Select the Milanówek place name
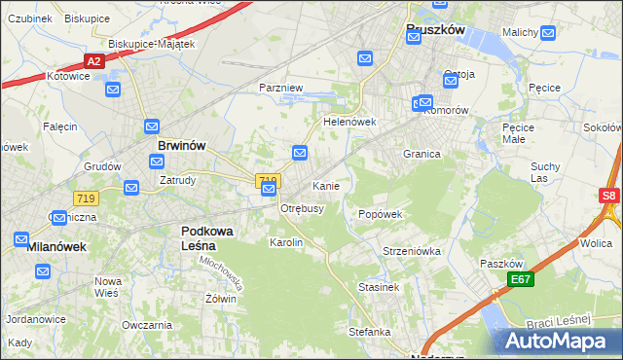pyautogui.click(x=55, y=247)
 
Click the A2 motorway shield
pyautogui.click(x=93, y=61)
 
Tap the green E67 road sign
pyautogui.click(x=520, y=280)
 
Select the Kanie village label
pyautogui.click(x=325, y=186)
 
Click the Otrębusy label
pyautogui.click(x=302, y=208)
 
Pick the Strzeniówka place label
pyautogui.click(x=412, y=251)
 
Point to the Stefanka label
pyautogui.click(x=370, y=332)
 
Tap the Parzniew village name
pyautogui.click(x=281, y=88)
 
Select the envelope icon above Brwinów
pyautogui.click(x=152, y=126)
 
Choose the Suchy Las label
pyautogui.click(x=545, y=172)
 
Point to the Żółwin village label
pyautogui.click(x=221, y=299)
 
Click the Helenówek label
pyautogui.click(x=349, y=123)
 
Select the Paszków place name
pyautogui.click(x=502, y=264)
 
